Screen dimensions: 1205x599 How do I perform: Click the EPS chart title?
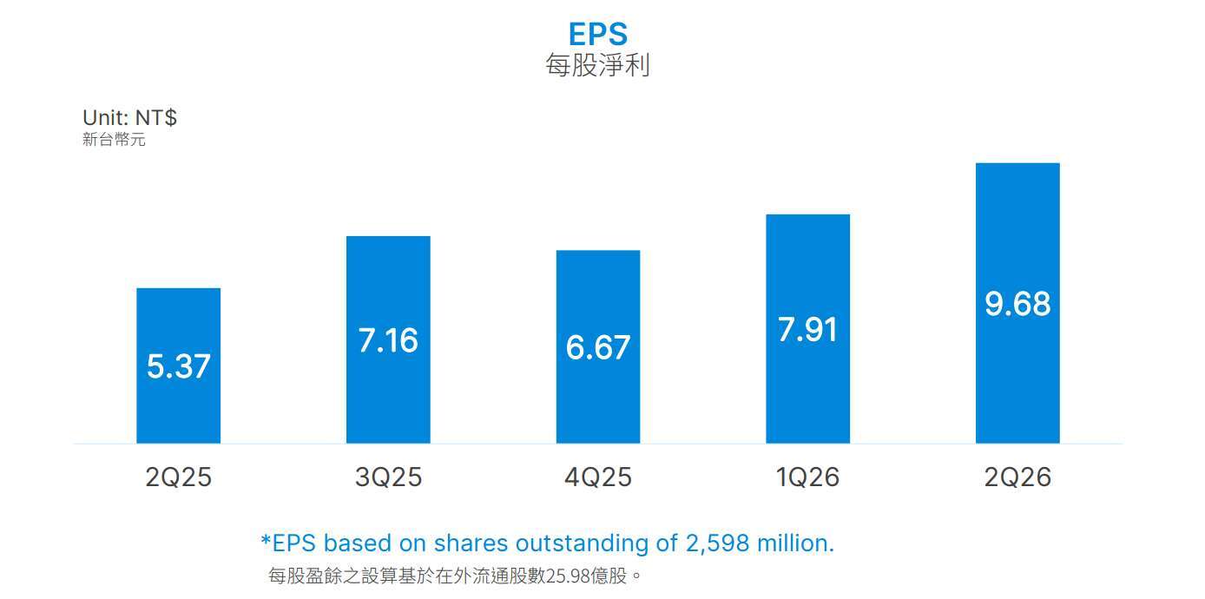point(597,34)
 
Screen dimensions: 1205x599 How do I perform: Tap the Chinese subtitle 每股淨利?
point(597,65)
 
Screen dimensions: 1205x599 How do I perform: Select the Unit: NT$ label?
point(129,117)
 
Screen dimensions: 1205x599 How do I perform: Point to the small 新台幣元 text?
point(114,140)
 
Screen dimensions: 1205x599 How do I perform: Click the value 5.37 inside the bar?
point(179,366)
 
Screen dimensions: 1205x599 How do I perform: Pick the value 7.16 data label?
point(388,340)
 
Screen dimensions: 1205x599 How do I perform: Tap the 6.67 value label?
point(598,347)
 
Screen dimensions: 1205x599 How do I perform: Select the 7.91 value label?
point(808,330)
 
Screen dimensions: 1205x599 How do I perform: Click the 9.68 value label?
point(1017,304)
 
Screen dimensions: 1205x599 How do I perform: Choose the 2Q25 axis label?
point(179,477)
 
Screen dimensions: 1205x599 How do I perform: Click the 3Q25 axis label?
point(388,477)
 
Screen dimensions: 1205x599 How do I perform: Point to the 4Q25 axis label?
point(598,477)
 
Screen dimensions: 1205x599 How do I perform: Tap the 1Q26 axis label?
point(808,477)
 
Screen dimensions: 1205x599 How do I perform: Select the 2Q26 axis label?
point(1017,477)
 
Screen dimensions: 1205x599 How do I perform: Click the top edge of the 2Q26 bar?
point(1017,163)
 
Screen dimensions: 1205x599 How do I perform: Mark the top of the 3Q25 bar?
point(388,237)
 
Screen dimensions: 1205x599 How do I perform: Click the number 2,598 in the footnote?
point(717,543)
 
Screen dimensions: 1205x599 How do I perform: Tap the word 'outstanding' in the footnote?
point(582,544)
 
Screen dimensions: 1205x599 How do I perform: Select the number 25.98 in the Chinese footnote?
point(568,576)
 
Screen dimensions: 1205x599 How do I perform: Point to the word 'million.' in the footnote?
point(795,543)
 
